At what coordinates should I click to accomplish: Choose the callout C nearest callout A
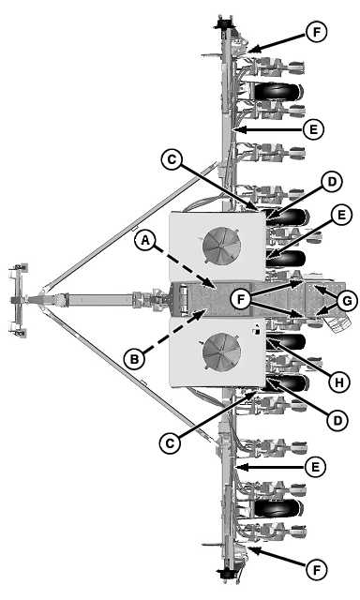pos(169,161)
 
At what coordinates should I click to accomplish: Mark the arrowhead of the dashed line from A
pos(215,285)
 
